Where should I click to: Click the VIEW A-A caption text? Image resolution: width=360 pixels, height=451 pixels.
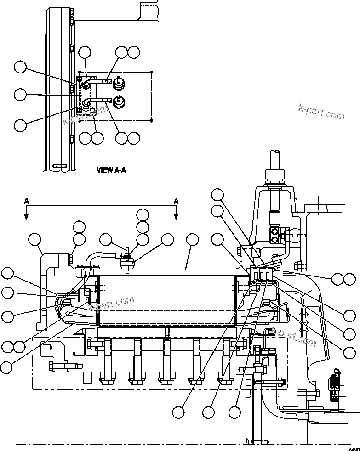[111, 170]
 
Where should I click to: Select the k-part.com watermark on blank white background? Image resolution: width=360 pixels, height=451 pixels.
[321, 112]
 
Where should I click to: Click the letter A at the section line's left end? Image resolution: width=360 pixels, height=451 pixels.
[27, 201]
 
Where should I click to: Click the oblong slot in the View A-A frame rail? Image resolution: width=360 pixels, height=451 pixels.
[59, 165]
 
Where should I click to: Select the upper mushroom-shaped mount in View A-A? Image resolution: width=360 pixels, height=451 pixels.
[118, 82]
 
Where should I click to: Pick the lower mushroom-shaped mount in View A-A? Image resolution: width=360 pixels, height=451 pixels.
[118, 102]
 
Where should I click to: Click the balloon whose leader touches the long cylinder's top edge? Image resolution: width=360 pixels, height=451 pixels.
[192, 239]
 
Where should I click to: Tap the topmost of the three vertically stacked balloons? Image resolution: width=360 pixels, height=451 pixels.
[143, 214]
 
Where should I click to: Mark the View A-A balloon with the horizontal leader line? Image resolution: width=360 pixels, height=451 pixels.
[20, 95]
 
